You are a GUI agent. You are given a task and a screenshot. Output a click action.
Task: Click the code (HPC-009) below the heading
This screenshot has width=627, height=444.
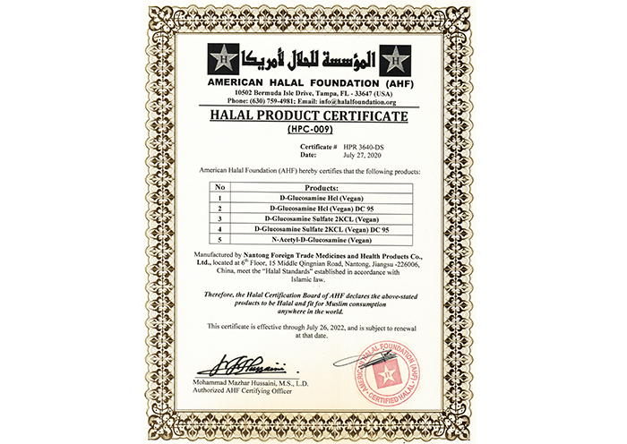click(x=311, y=130)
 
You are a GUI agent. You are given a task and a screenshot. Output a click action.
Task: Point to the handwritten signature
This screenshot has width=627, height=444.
click(x=240, y=365)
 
